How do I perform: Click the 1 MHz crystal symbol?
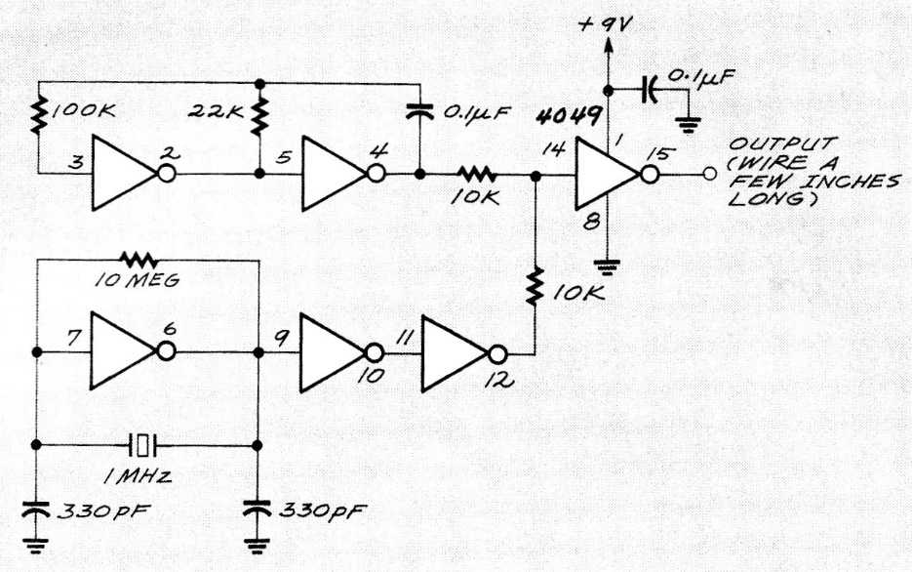click(144, 446)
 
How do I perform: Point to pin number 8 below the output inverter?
click(590, 221)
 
